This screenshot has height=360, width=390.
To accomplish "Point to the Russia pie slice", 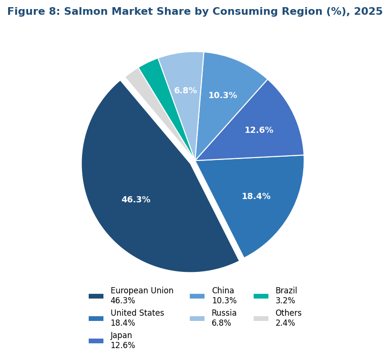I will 184,71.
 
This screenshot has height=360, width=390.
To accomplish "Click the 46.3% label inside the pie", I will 136,200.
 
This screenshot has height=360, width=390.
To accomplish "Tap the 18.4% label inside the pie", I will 256,196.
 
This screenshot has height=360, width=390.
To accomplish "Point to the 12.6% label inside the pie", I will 259,130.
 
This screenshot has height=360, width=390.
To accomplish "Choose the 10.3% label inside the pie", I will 223,95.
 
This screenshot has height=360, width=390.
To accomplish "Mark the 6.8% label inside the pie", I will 185,90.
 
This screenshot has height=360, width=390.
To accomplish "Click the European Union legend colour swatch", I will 96,296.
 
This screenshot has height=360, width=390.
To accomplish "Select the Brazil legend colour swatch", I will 261,296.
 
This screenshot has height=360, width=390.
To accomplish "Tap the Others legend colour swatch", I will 261,319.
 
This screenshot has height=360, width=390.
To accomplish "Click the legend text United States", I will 137,313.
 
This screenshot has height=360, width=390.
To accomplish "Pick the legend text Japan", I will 121,335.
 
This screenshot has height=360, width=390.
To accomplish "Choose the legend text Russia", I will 224,313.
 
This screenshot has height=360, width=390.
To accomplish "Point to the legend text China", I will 223,290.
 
